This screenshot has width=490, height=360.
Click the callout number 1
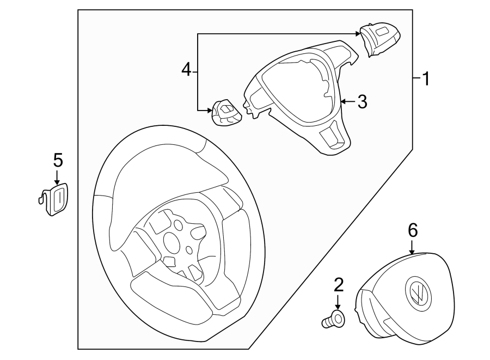pyautogui.click(x=426, y=80)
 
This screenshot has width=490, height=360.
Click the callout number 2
pyautogui.click(x=338, y=284)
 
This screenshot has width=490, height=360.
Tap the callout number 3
pyautogui.click(x=362, y=101)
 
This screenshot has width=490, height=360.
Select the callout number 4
pyautogui.click(x=186, y=70)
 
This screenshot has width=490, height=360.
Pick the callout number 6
pyautogui.click(x=413, y=230)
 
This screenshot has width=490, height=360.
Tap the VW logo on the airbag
pyautogui.click(x=418, y=294)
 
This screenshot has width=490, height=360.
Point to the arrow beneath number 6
pyautogui.click(x=413, y=248)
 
